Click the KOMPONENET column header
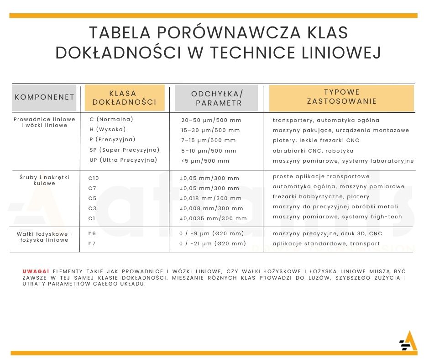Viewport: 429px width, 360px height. coord(45,97)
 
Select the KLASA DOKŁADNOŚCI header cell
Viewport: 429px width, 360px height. coord(124,98)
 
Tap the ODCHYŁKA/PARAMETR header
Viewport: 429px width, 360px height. coord(217,98)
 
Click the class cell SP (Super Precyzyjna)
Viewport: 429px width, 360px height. coord(124,150)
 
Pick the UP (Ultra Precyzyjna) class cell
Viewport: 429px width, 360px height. coord(123,160)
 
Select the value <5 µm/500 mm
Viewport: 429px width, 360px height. coord(205,161)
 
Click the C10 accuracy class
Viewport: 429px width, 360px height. coord(94,178)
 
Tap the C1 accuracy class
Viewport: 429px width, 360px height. coord(92,218)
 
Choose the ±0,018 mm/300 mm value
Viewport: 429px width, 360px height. coord(210,198)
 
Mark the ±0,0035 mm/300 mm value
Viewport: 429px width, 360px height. coord(213,218)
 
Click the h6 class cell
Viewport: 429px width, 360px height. coord(92,233)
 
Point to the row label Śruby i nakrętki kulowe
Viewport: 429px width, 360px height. coord(44,180)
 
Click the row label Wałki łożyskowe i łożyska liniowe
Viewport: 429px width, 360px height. coord(44,237)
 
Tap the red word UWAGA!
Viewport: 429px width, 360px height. coord(36,271)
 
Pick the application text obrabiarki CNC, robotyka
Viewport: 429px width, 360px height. coord(313,151)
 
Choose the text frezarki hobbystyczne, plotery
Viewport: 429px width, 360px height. coord(321,196)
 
